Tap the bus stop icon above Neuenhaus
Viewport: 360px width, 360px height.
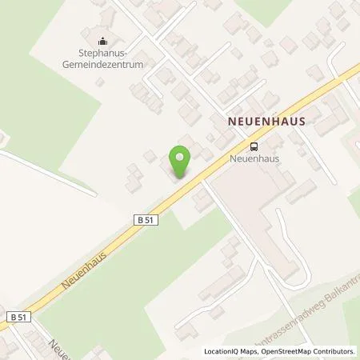254,146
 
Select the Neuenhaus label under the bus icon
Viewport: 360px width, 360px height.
255,158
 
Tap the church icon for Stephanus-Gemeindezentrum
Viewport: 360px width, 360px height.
102,43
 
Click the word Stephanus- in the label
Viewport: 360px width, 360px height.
102,57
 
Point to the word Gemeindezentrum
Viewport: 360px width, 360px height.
102,68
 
